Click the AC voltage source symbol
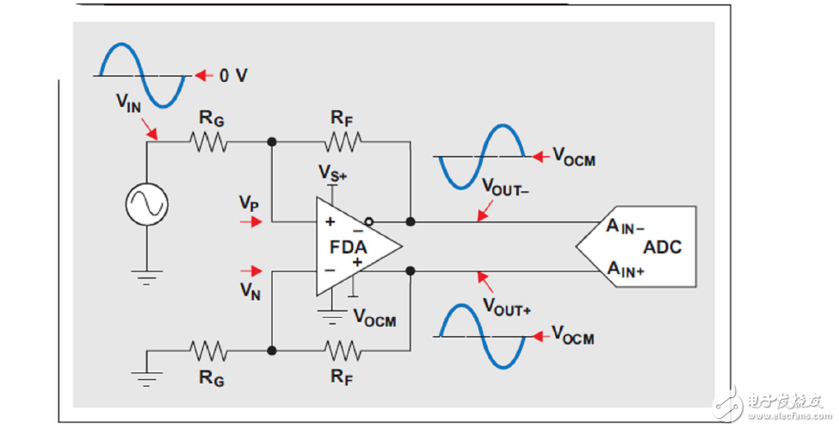tap(146, 204)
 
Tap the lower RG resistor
tap(209, 351)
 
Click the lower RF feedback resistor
tap(342, 351)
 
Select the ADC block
tap(641, 246)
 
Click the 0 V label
tap(232, 76)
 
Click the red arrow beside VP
tap(250, 221)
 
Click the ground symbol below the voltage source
tap(146, 277)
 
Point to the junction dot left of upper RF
tap(272, 142)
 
